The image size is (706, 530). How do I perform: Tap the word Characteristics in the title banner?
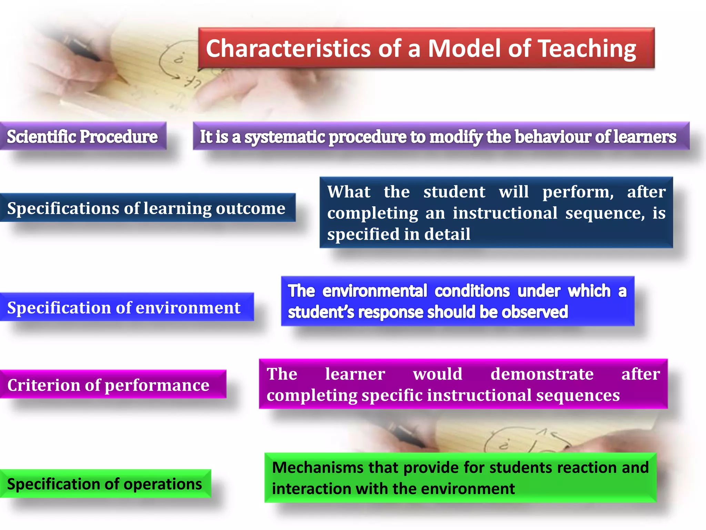point(288,49)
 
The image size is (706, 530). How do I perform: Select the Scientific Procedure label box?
point(82,136)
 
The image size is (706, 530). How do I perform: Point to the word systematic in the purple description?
point(285,137)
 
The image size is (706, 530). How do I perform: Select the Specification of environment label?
point(124,307)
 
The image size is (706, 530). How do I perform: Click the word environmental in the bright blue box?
point(375,291)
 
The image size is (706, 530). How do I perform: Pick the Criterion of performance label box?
point(108,385)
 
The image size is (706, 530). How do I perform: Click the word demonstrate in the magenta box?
point(542,374)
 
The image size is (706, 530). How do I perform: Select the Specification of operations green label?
point(104,484)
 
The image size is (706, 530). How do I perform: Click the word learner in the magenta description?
point(355,374)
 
